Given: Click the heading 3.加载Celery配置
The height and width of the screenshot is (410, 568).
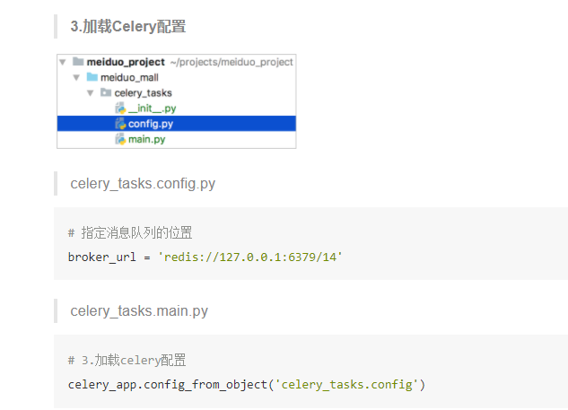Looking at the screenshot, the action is (127, 26).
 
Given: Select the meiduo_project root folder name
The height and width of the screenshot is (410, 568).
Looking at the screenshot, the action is (126, 62).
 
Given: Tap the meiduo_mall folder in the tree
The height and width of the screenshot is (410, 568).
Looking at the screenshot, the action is (129, 77).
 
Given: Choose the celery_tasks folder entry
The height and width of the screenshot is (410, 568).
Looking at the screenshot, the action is (143, 92).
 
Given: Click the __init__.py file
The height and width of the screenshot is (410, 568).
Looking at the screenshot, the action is (152, 108).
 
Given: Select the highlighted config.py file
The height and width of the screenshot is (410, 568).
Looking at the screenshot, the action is (150, 124).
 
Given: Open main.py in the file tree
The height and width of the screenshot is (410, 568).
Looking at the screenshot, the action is (146, 139).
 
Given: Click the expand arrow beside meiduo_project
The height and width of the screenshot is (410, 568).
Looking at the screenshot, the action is (62, 62).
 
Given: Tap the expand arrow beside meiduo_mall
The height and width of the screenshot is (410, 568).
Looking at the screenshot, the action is (76, 77).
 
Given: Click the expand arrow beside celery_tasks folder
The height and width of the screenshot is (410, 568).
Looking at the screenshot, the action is (90, 92).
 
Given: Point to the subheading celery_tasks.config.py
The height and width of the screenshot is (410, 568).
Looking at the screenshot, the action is (143, 184).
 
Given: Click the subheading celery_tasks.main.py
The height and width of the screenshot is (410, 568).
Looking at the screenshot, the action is (139, 311).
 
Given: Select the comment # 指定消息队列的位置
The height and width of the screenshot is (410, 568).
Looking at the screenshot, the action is (130, 233).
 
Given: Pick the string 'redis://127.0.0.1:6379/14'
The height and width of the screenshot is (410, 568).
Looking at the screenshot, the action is (250, 257).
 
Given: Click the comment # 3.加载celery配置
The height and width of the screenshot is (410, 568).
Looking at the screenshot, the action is (127, 361).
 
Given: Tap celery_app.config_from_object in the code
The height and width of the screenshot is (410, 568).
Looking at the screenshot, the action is (168, 384).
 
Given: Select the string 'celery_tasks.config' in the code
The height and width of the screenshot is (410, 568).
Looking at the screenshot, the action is (347, 384).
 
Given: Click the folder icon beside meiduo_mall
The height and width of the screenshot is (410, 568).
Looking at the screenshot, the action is (92, 77).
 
